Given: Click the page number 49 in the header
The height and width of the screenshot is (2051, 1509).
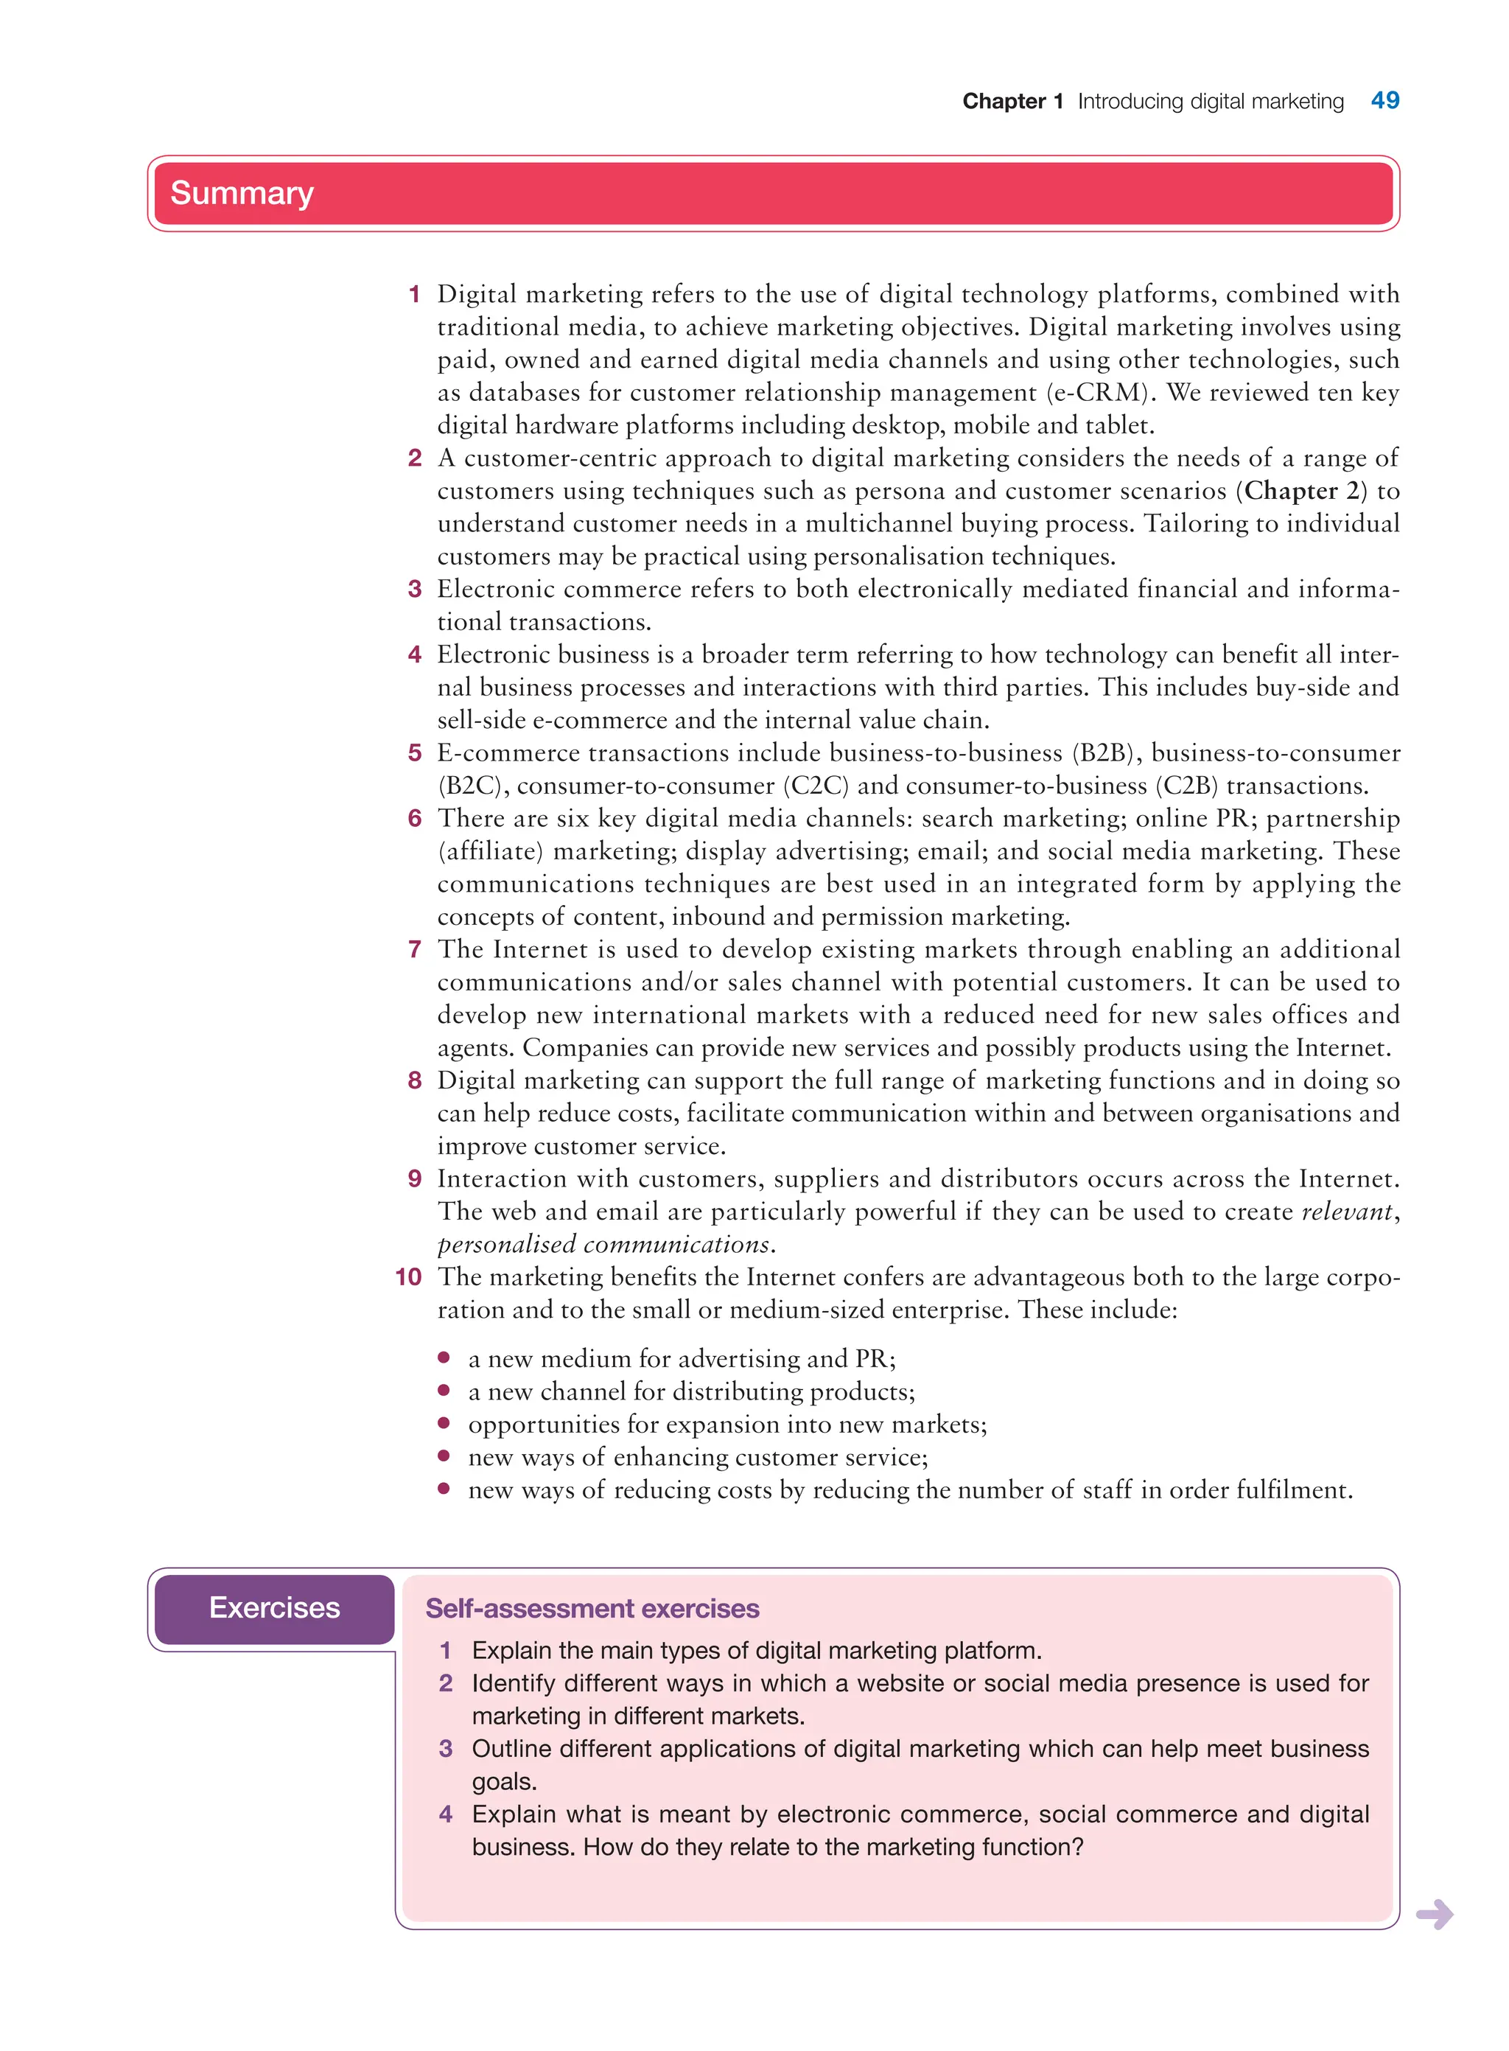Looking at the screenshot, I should (x=1384, y=100).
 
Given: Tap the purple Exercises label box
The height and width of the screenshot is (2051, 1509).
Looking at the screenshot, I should (x=274, y=1608).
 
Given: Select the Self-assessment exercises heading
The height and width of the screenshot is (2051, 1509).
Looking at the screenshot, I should (x=592, y=1609).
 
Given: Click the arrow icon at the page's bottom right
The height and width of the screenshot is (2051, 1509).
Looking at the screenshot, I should (x=1434, y=1914).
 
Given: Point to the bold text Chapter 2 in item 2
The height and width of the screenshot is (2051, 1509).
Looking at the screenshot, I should (x=1302, y=492).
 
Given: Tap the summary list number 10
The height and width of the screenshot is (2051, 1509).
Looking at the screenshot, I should (x=408, y=1277).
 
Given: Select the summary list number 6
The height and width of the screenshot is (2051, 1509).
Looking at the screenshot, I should (x=415, y=819).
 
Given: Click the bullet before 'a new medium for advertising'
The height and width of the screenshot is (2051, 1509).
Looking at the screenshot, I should (x=444, y=1358).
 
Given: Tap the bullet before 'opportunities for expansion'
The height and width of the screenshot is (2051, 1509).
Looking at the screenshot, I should (x=444, y=1423).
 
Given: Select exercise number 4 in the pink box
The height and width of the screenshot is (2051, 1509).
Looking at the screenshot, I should (x=446, y=1814).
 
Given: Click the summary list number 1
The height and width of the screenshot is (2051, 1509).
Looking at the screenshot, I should (x=415, y=294).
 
